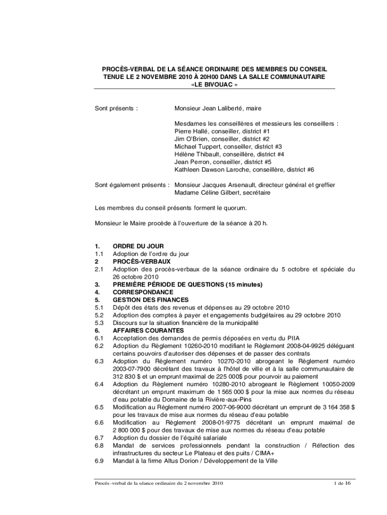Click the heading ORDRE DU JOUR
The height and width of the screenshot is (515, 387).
(x=138, y=246)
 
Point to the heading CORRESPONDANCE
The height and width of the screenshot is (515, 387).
(x=144, y=292)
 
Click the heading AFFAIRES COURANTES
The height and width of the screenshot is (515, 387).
(x=148, y=330)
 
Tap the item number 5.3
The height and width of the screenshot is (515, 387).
(x=99, y=323)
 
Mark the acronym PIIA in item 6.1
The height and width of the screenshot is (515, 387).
(x=293, y=338)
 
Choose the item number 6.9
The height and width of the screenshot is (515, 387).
(x=99, y=461)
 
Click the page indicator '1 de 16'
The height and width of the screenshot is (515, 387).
(x=343, y=483)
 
